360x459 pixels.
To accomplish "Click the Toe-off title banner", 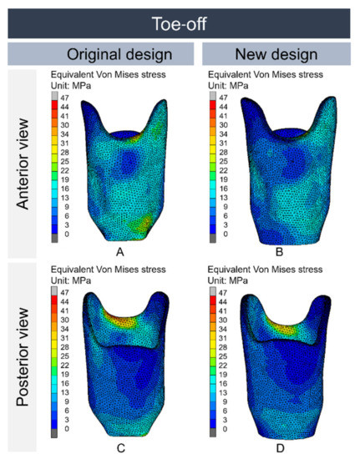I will [180, 18].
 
